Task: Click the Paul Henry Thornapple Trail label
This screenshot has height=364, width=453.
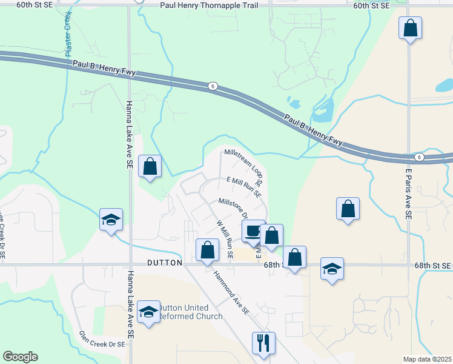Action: [209, 5]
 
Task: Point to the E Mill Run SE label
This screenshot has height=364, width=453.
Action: [243, 187]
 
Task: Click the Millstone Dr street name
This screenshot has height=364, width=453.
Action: [234, 207]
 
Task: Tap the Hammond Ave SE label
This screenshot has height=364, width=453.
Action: [231, 292]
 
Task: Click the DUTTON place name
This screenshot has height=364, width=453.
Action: [165, 263]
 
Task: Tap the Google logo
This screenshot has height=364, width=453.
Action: [20, 357]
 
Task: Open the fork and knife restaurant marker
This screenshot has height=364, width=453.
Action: [264, 343]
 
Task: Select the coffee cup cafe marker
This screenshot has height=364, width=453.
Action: [253, 231]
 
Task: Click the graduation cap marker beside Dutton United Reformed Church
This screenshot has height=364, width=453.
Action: [148, 312]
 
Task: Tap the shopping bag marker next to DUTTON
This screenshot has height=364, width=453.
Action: [207, 249]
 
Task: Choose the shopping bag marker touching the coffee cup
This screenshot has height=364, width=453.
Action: [272, 235]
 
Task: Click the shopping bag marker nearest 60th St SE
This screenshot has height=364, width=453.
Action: [410, 27]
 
